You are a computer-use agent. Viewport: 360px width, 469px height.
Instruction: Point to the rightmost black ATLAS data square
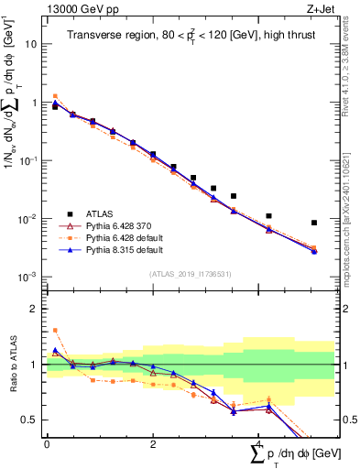314,223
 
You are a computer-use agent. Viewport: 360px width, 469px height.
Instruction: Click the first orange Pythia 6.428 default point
55,96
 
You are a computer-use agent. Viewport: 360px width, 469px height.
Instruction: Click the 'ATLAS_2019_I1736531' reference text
190,274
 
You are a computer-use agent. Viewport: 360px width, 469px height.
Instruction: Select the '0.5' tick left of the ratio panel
28,420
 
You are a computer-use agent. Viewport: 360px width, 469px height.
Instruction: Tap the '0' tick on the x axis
47,443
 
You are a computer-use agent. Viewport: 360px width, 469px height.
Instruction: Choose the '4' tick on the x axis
259,443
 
